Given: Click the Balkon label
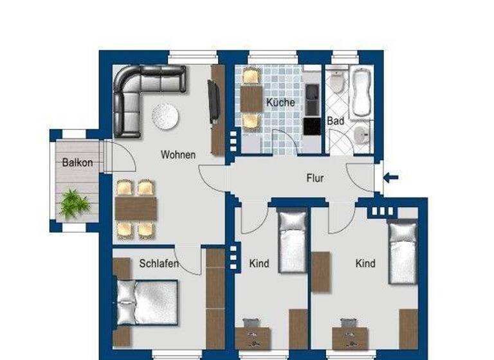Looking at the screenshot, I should tap(77, 163).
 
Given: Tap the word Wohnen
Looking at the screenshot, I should tap(178, 155).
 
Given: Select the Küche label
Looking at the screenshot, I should tap(280, 102).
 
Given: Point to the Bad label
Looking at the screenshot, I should tap(336, 120).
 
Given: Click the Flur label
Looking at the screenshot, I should tap(315, 178).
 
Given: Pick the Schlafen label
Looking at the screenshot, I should tap(158, 263).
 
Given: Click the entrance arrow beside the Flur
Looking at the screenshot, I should tap(390, 177).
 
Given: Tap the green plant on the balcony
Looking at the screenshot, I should tap(75, 203).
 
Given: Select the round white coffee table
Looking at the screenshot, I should tap(165, 116).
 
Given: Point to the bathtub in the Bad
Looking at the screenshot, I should tap(360, 91).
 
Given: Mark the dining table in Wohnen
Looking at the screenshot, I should tap(136, 209).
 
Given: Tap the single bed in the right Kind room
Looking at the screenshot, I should tap(403, 252).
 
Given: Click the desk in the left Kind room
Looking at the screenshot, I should tap(252, 337).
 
